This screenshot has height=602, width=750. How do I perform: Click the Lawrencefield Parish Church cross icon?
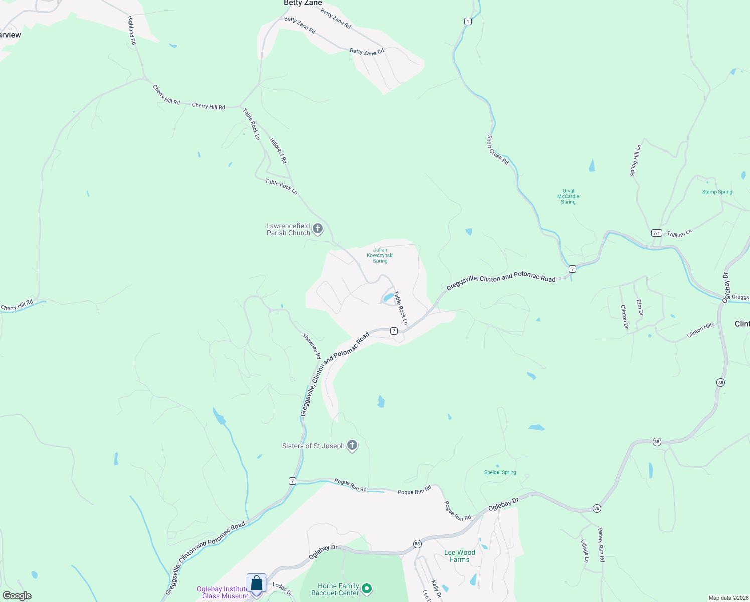pyautogui.click(x=317, y=229)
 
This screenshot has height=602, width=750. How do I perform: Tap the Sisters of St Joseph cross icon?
pyautogui.click(x=352, y=445)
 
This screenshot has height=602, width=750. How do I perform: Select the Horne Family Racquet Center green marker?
pyautogui.click(x=367, y=588)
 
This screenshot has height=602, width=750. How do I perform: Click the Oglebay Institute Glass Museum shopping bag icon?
pyautogui.click(x=256, y=583)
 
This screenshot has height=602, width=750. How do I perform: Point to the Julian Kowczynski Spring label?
pyautogui.click(x=380, y=255)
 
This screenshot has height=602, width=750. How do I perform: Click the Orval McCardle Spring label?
pyautogui.click(x=568, y=196)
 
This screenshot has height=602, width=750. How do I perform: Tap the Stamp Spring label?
pyautogui.click(x=717, y=192)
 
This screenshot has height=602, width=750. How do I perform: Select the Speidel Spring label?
pyautogui.click(x=500, y=472)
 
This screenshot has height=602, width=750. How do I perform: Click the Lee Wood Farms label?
pyautogui.click(x=460, y=556)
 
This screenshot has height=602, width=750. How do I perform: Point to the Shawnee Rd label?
pyautogui.click(x=312, y=346)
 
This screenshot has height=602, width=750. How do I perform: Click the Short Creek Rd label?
pyautogui.click(x=497, y=149)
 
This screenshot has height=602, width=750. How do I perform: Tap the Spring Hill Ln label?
pyautogui.click(x=635, y=161)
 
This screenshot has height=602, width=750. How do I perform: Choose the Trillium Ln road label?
pyautogui.click(x=679, y=233)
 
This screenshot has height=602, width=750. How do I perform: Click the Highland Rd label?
pyautogui.click(x=132, y=30)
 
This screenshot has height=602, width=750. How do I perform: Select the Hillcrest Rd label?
pyautogui.click(x=278, y=150)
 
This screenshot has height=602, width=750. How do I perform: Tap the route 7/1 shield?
pyautogui.click(x=657, y=233)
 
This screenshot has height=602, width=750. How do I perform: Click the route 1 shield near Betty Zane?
pyautogui.click(x=468, y=21)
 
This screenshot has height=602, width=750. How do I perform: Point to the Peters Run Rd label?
pyautogui.click(x=601, y=544)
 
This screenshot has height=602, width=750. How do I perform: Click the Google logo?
pyautogui.click(x=17, y=596)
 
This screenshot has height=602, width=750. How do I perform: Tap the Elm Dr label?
pyautogui.click(x=639, y=308)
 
